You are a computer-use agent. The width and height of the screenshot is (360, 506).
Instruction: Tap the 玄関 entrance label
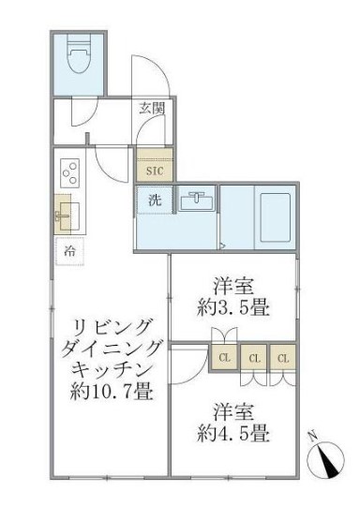(152, 108)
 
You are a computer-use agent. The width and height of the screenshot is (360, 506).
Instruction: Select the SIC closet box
(153, 171)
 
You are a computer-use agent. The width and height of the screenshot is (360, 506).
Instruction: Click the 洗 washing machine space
(153, 199)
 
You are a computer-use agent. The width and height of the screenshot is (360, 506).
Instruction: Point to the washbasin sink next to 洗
(197, 201)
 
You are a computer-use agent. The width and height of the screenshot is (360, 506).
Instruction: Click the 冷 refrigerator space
(70, 250)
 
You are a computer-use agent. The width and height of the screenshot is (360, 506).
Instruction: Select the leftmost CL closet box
(225, 357)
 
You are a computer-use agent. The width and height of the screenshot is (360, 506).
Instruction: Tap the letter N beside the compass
(312, 436)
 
